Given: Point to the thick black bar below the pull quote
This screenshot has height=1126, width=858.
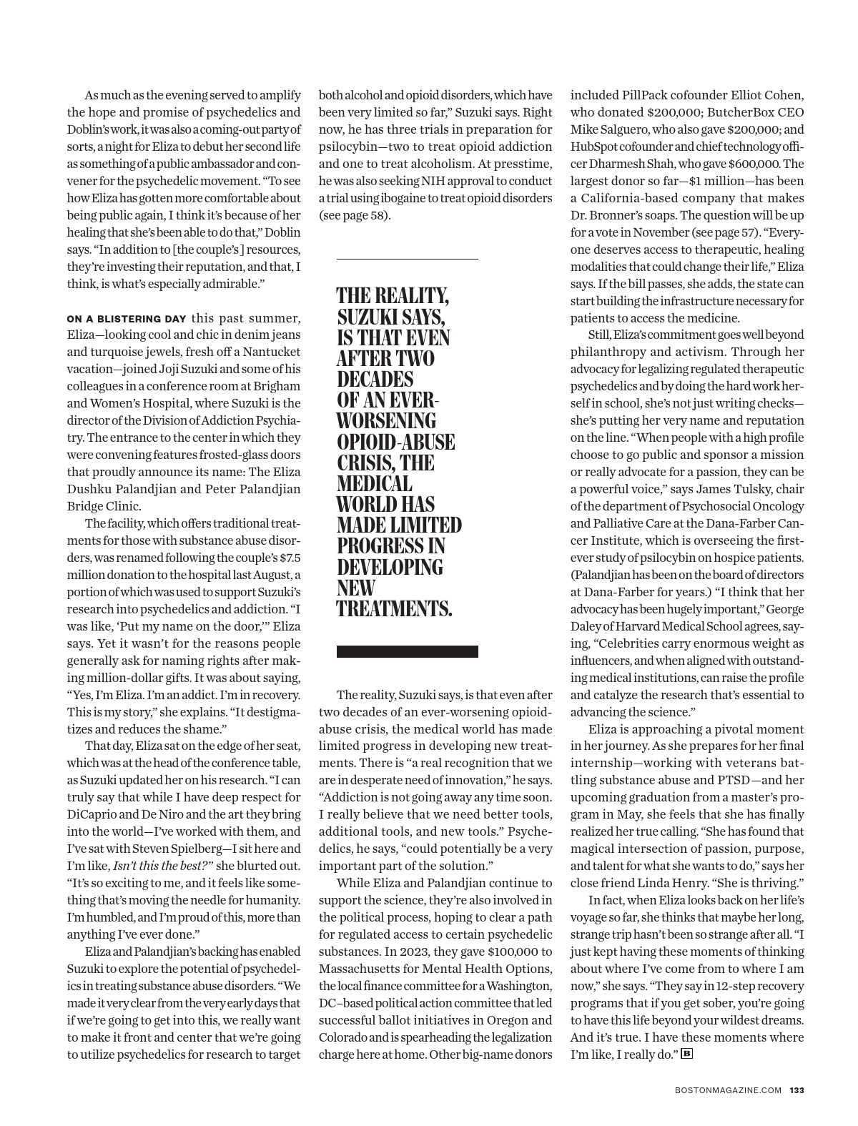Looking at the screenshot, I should tap(407, 651).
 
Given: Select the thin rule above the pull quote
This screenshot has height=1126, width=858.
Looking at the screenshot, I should tap(407, 258).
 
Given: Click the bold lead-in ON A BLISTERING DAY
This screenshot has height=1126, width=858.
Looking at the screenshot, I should tap(127, 319).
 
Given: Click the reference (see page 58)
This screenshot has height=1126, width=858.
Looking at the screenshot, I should tap(355, 215).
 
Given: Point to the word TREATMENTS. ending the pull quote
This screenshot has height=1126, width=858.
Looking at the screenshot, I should tap(394, 609).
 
